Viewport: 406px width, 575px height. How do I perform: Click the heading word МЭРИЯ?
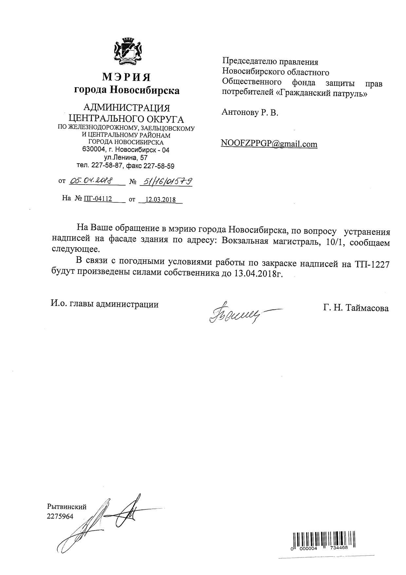point(127,77)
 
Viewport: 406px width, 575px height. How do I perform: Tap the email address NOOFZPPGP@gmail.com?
point(269,144)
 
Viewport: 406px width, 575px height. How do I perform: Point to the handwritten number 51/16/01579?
point(166,181)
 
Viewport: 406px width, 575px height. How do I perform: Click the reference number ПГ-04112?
point(98,199)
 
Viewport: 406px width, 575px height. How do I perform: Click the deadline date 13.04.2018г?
point(258,274)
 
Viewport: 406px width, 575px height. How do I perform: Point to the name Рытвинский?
point(67,507)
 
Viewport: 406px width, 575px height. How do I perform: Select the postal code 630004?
point(94,149)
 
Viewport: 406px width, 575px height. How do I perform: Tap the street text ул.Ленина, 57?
point(126,158)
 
